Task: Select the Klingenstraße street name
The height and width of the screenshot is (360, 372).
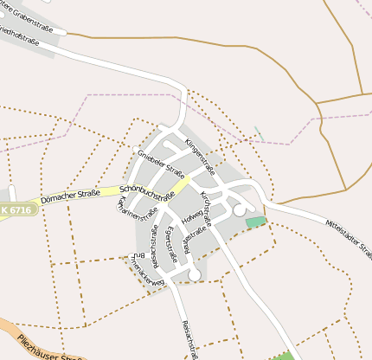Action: (x=204, y=152)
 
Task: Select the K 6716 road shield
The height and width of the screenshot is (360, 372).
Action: (x=15, y=210)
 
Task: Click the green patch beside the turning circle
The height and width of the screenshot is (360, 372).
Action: (x=255, y=222)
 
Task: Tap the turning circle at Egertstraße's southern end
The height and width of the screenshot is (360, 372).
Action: (x=195, y=275)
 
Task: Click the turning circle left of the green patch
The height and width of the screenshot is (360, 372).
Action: (x=240, y=210)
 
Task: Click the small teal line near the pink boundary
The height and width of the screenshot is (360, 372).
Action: (x=259, y=134)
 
